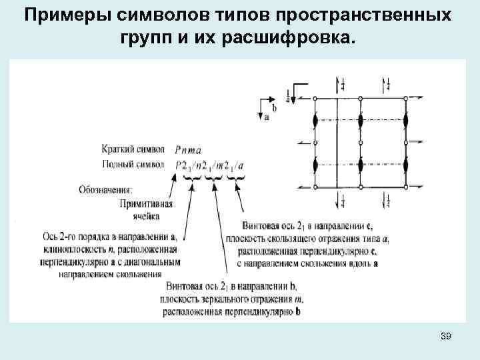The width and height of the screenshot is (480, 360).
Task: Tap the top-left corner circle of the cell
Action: (315, 99)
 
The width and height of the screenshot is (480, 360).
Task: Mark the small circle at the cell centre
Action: (360, 143)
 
